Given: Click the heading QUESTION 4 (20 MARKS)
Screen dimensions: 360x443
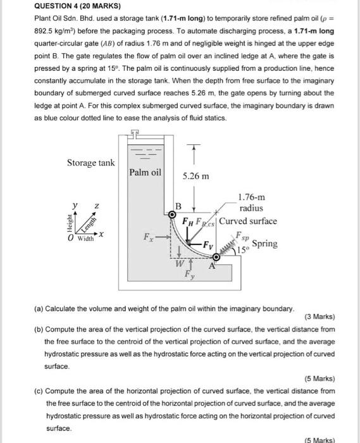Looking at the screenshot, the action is [77, 6].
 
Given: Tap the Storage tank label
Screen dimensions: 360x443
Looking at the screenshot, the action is [91, 163].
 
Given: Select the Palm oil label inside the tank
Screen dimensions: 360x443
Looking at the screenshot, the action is [145, 172].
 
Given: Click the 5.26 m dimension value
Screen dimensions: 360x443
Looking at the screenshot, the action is [196, 177].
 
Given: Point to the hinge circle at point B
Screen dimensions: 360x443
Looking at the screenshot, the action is [171, 215].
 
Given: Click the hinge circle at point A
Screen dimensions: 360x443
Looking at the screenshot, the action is [216, 257].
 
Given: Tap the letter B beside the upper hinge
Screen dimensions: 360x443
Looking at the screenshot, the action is [178, 206].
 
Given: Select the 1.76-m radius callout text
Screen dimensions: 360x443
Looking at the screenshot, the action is [251, 203].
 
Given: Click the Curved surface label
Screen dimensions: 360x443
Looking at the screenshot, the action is [248, 221].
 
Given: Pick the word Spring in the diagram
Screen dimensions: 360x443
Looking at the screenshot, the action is [264, 244].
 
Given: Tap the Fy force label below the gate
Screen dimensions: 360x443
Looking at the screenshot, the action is [190, 274].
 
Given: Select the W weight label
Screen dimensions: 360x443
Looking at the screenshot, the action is [180, 264].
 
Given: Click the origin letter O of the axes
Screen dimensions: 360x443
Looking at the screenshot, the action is [70, 238].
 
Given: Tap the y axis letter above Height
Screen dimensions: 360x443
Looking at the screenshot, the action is [75, 205].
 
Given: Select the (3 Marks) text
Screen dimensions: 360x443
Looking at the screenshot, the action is [320, 316].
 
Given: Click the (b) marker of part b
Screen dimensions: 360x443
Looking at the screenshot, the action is [39, 330].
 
